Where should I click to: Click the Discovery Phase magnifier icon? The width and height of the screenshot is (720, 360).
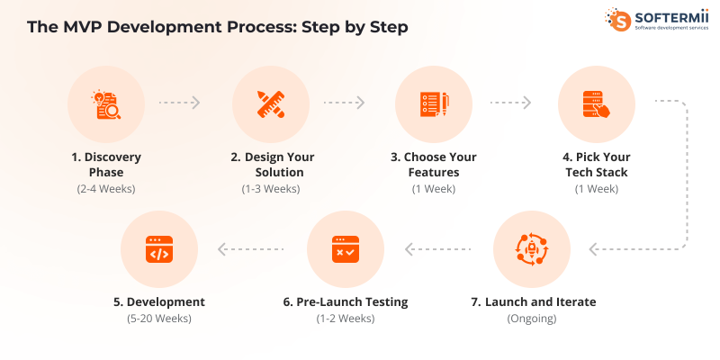(106, 104)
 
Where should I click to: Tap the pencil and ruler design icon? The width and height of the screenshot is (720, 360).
(271, 104)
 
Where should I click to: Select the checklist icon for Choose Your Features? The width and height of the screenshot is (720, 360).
(434, 104)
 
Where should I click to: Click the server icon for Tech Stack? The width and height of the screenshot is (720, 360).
(597, 104)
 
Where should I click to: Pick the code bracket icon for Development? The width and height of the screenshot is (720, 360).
(158, 249)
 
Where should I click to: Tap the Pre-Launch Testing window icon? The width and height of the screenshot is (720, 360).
(345, 249)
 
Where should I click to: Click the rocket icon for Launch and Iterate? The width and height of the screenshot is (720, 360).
(531, 249)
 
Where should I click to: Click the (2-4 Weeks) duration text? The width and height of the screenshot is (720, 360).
(106, 188)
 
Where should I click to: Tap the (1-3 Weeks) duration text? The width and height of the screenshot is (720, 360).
(271, 188)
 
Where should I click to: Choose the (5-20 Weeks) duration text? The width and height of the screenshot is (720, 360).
(158, 319)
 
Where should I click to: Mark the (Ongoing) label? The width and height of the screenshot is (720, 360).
(531, 319)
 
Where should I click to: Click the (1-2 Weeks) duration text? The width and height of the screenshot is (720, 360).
(345, 319)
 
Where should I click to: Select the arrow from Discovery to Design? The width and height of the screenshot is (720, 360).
(179, 103)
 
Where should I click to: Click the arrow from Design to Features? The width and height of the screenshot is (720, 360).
(344, 103)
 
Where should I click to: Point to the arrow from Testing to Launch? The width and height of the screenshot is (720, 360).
(437, 249)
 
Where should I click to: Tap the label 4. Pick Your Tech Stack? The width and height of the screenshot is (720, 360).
(597, 164)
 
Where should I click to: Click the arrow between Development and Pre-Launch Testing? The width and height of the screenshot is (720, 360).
(251, 249)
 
